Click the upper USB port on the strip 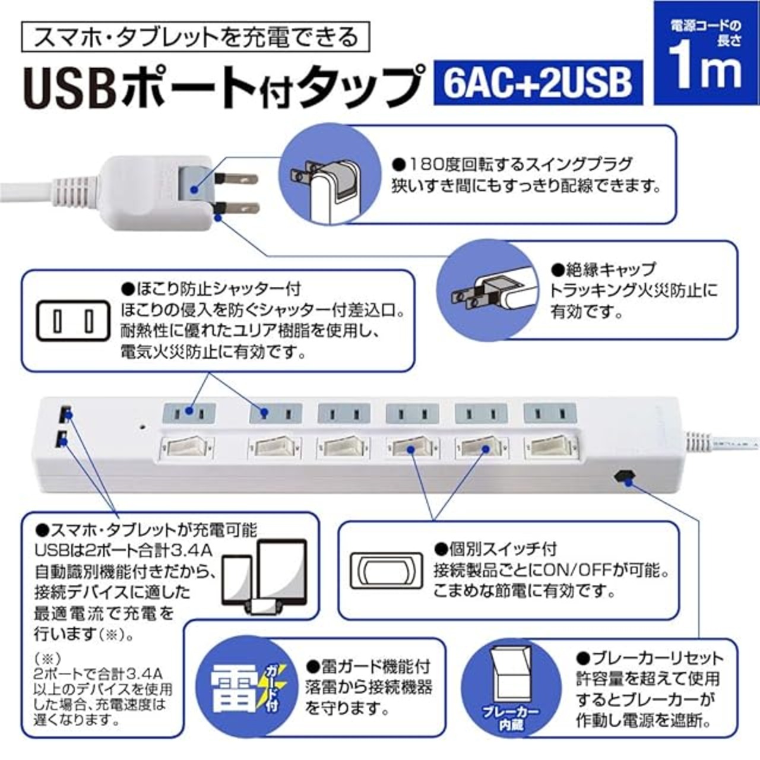(x=64, y=411)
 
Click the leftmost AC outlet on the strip (x=189, y=411)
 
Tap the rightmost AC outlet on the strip (x=550, y=412)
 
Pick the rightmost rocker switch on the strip (x=550, y=447)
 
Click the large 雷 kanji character (x=235, y=687)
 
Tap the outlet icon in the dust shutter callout (x=73, y=321)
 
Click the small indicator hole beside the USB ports (x=142, y=426)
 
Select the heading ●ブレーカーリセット (x=650, y=658)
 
